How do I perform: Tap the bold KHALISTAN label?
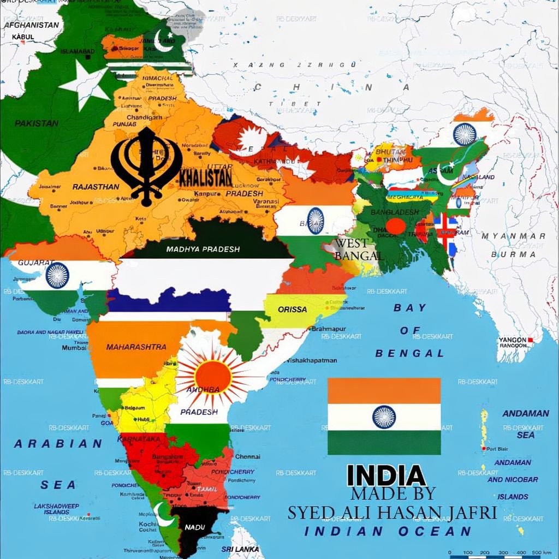[x=206, y=177]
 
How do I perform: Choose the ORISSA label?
[x=292, y=309]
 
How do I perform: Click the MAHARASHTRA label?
[x=136, y=347]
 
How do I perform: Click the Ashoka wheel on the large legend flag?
[x=384, y=417]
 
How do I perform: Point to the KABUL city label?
[x=23, y=37]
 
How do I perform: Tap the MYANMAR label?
[x=513, y=236]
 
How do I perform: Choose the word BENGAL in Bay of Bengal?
[x=409, y=353]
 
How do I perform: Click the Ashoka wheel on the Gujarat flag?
[x=57, y=275]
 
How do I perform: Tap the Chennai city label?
[x=247, y=456]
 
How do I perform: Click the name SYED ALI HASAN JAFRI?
[x=392, y=513]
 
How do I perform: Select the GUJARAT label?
[x=36, y=262]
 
